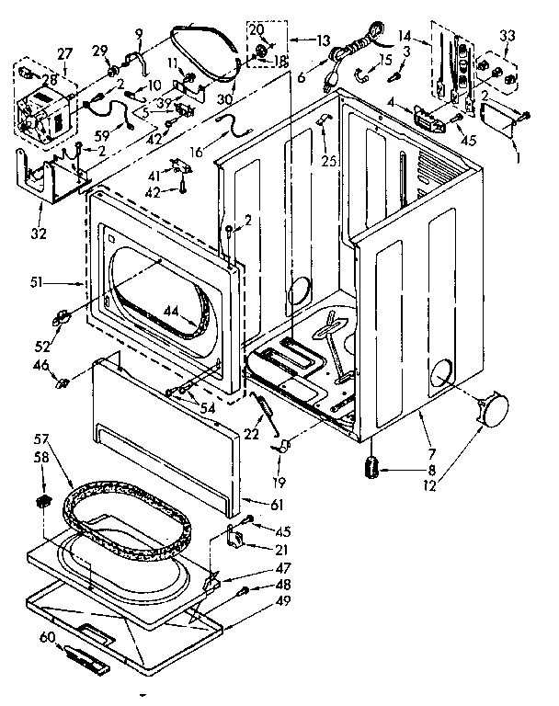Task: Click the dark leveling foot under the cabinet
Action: click(x=371, y=467)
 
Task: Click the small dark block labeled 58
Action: click(x=42, y=500)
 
